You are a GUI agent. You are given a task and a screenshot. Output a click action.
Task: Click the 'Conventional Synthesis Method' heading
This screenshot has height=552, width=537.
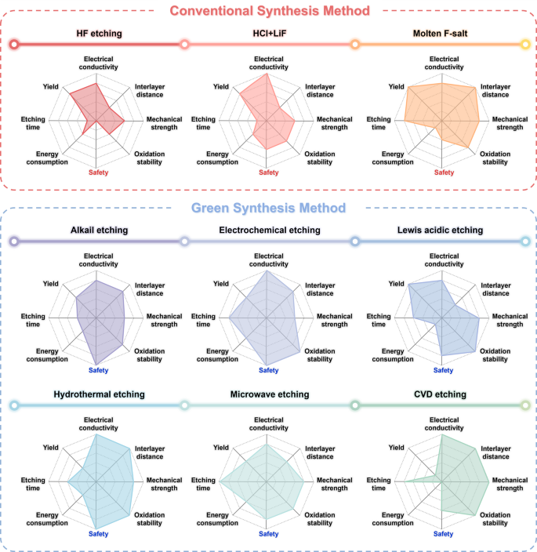269,11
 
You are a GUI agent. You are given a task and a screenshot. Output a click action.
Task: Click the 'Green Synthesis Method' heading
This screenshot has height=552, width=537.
269,209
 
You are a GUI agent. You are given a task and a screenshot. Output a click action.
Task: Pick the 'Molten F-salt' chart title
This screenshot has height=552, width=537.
443,34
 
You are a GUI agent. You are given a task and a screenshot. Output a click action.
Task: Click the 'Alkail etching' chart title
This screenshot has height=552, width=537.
99,231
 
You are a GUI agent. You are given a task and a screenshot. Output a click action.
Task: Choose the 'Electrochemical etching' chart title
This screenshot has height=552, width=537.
269,231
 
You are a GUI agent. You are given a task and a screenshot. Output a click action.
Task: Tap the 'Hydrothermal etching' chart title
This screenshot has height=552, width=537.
99,394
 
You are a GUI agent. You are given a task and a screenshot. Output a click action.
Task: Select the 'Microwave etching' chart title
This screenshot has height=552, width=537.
269,394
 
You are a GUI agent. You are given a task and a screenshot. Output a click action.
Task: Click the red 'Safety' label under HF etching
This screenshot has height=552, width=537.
99,172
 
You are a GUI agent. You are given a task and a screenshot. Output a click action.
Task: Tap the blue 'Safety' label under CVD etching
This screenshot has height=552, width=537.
443,534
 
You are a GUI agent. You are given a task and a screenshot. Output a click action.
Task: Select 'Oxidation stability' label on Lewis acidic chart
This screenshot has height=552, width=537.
495,355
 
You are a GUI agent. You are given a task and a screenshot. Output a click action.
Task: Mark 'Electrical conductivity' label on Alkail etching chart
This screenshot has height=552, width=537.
99,260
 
